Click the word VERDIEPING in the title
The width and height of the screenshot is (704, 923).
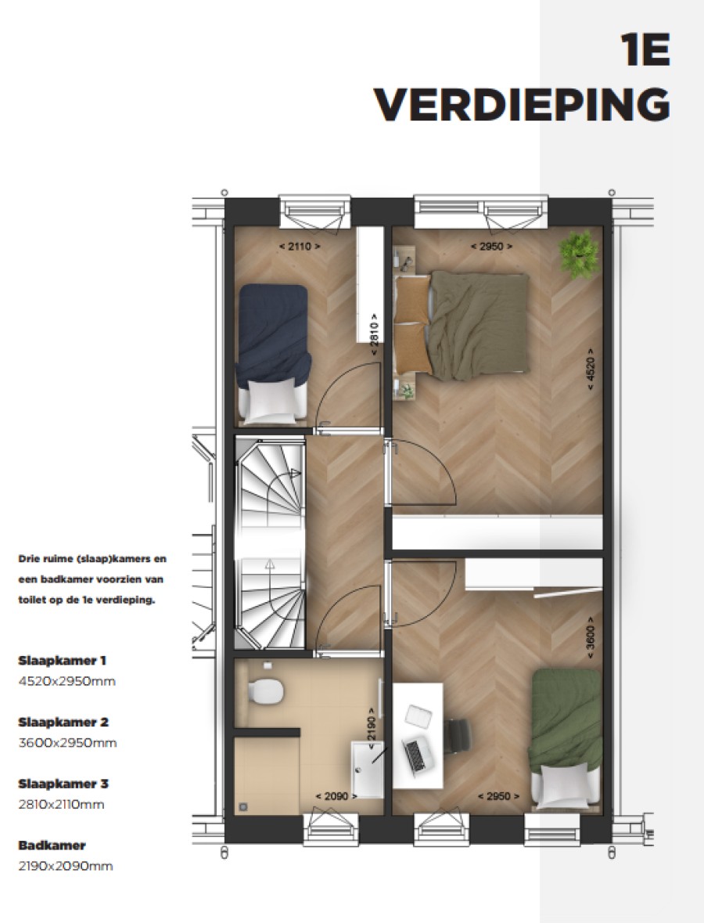click(x=521, y=103)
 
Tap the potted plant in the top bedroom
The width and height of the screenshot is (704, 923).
click(x=579, y=254)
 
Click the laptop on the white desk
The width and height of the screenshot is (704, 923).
click(x=417, y=752)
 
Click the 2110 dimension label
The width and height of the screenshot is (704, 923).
click(x=300, y=246)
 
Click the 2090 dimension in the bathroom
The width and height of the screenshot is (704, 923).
click(x=336, y=796)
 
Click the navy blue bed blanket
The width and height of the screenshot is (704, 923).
click(x=273, y=329)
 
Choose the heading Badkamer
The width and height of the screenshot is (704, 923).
click(x=52, y=845)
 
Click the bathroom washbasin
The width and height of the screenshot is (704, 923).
click(x=367, y=769)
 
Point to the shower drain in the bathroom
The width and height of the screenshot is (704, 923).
click(x=243, y=805)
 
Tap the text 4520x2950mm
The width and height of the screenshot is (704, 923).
click(x=66, y=681)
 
